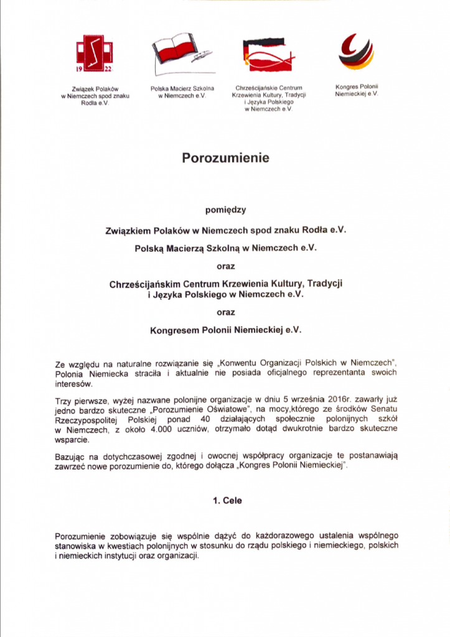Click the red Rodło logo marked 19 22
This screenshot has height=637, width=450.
coord(95,53)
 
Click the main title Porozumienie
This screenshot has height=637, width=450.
coord(225,158)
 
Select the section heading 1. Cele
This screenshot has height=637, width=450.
coord(225,500)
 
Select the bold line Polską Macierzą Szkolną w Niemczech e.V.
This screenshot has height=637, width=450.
coord(225,248)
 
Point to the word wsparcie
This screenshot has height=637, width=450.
coord(72,439)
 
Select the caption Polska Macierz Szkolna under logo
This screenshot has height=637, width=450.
coord(182,89)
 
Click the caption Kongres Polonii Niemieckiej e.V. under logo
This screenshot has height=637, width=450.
coord(356,89)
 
